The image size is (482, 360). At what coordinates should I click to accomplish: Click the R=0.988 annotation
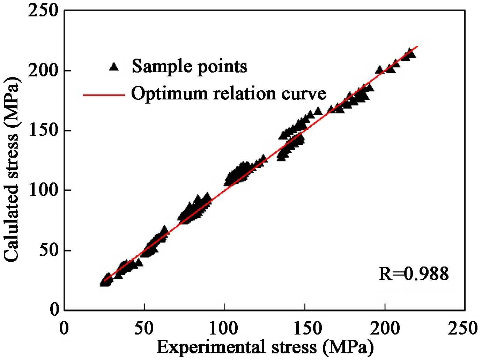click(414, 274)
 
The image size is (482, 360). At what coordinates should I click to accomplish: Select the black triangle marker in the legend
click(113, 67)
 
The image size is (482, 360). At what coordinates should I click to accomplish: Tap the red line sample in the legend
click(104, 95)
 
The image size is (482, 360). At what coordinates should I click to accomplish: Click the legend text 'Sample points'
click(189, 66)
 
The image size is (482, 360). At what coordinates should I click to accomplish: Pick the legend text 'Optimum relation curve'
click(229, 93)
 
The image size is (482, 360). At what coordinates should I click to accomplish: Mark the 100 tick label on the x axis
click(224, 328)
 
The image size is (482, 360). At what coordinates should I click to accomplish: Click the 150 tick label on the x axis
click(305, 328)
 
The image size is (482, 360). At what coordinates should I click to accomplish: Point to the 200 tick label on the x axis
click(385, 328)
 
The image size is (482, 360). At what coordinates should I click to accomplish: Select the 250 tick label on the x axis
click(465, 328)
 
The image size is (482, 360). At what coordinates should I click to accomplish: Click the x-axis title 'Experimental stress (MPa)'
click(265, 347)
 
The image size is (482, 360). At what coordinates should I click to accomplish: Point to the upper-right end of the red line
click(417, 46)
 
